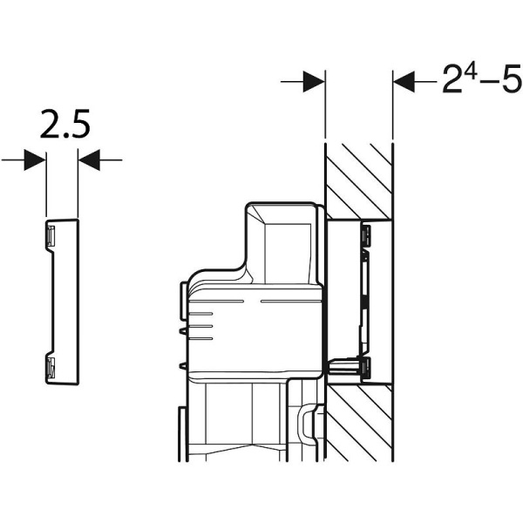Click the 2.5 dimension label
pos(65,124)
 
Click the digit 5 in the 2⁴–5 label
pos(512,78)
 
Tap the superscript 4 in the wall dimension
pos(471,73)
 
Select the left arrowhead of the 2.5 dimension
pos(35,160)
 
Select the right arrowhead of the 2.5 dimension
pos(89,160)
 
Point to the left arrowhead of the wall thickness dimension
pos(314,81)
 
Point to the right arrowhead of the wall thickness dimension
pos(404,81)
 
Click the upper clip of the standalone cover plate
pos(51,236)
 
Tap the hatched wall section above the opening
pos(358,181)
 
